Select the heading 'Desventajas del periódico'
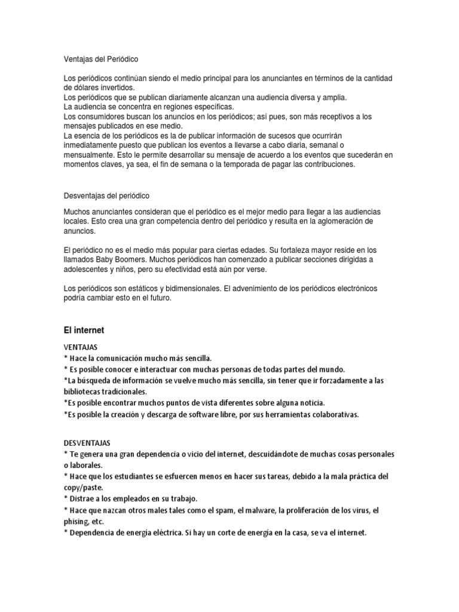[106, 195]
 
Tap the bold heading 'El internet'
[84, 329]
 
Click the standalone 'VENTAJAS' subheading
[81, 347]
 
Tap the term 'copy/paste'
[84, 487]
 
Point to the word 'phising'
[76, 521]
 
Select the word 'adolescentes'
[86, 270]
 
